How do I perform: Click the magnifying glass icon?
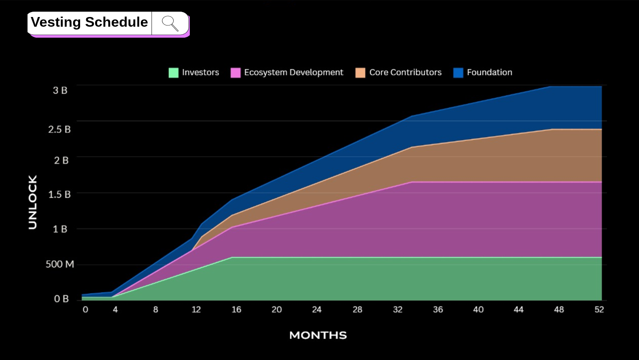point(170,23)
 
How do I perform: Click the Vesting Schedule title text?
point(89,22)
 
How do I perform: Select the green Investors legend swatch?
point(173,73)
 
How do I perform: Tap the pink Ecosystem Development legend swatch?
point(236,73)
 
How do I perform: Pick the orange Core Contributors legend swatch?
point(360,73)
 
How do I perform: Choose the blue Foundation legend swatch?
point(458,73)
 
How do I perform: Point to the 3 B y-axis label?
point(60,90)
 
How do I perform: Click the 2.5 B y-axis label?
point(59,129)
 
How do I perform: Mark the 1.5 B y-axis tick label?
point(59,195)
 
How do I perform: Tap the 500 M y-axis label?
point(59,264)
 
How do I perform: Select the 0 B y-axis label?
point(61,299)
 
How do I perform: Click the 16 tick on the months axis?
point(236,310)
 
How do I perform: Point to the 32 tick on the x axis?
point(398,310)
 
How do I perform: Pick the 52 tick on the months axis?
point(599,310)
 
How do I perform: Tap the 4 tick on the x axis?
point(115,310)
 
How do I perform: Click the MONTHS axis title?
point(318,335)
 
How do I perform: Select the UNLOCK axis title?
point(33,202)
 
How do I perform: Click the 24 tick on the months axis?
point(317,310)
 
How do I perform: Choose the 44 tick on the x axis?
point(518,310)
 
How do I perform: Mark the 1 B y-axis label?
point(60,229)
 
